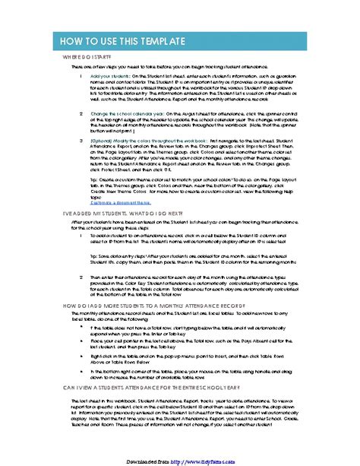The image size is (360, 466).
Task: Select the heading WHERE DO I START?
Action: point(86,57)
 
